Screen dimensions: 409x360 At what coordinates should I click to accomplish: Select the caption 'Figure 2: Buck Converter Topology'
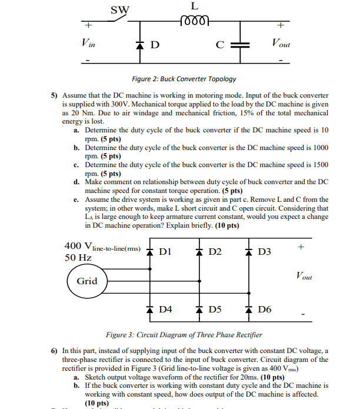pyautogui.click(x=184, y=79)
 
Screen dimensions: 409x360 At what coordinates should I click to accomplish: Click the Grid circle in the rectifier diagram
pyautogui.click(x=86, y=281)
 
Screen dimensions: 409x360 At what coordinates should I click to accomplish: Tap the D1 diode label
pyautogui.click(x=166, y=252)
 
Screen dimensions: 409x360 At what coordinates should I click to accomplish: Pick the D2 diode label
pyautogui.click(x=215, y=252)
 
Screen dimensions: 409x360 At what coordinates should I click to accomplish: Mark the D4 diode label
pyautogui.click(x=166, y=309)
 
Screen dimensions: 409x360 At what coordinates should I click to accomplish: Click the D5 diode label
pyautogui.click(x=215, y=309)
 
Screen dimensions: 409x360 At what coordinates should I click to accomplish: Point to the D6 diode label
pyautogui.click(x=265, y=309)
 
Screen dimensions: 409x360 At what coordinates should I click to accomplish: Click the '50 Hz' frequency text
pyautogui.click(x=78, y=258)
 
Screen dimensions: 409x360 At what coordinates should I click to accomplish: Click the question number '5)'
pyautogui.click(x=54, y=95)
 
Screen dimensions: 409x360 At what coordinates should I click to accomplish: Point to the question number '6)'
pyautogui.click(x=54, y=351)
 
